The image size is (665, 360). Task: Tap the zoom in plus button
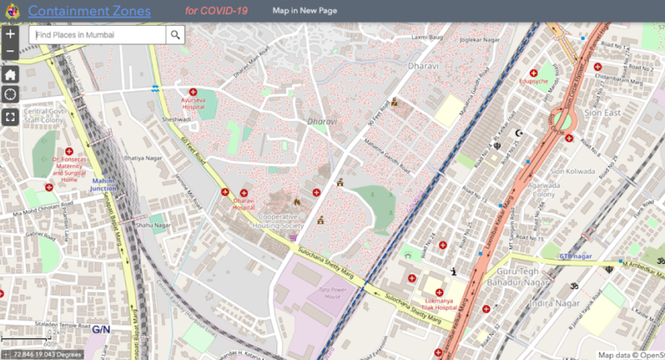pyautogui.click(x=10, y=36)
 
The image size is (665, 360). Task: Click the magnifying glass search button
pyautogui.click(x=175, y=35)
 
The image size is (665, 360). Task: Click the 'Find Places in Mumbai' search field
pyautogui.click(x=97, y=35)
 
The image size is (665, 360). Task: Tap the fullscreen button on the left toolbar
pyautogui.click(x=10, y=116)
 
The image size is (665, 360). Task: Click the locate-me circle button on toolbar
pyautogui.click(x=10, y=94)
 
